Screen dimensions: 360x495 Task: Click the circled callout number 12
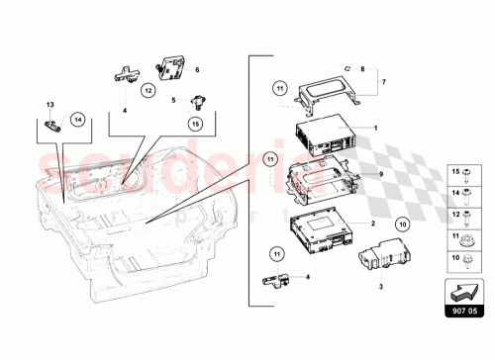pyautogui.click(x=148, y=90)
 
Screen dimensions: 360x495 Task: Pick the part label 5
pyautogui.click(x=173, y=99)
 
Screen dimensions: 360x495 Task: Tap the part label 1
pyautogui.click(x=375, y=128)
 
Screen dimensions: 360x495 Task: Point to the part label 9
pyautogui.click(x=377, y=173)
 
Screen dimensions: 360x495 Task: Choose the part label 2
pyautogui.click(x=373, y=224)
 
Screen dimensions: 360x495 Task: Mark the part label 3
pyautogui.click(x=380, y=287)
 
